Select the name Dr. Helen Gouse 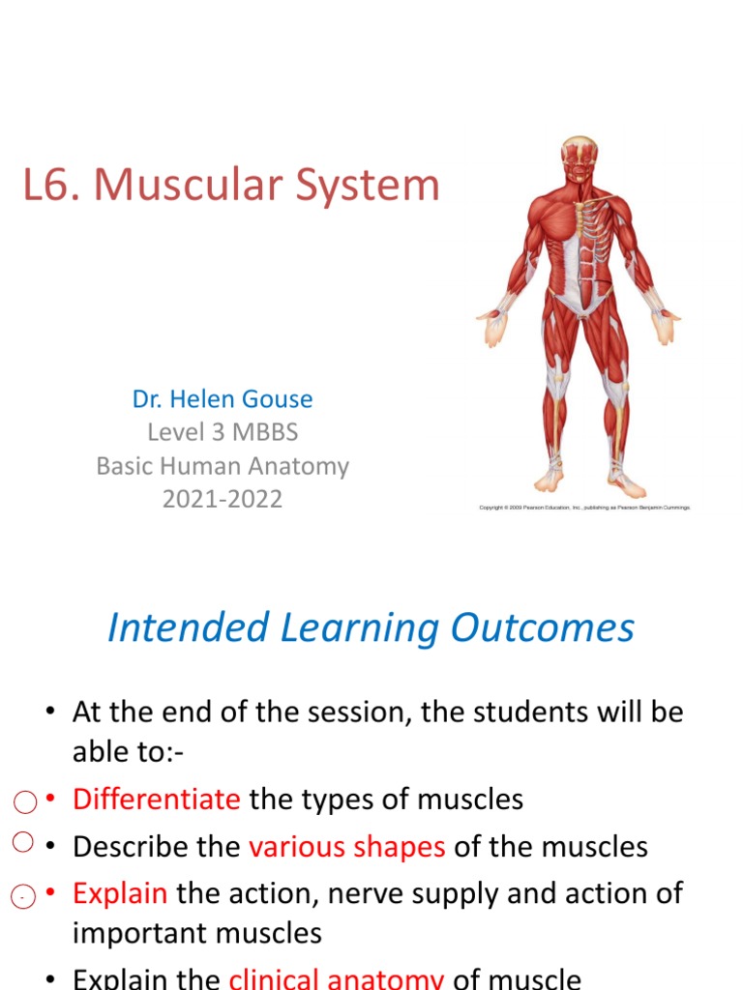(223, 398)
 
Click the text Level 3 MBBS (223, 432)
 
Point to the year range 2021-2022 (223, 500)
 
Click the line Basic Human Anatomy (223, 466)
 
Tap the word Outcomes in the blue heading (542, 627)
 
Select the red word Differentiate (156, 800)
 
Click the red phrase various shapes (346, 847)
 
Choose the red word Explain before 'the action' (120, 893)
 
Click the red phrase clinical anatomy (336, 978)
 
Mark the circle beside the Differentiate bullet (26, 801)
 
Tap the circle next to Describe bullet (24, 841)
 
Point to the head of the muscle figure (579, 160)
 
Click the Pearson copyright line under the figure (585, 507)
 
